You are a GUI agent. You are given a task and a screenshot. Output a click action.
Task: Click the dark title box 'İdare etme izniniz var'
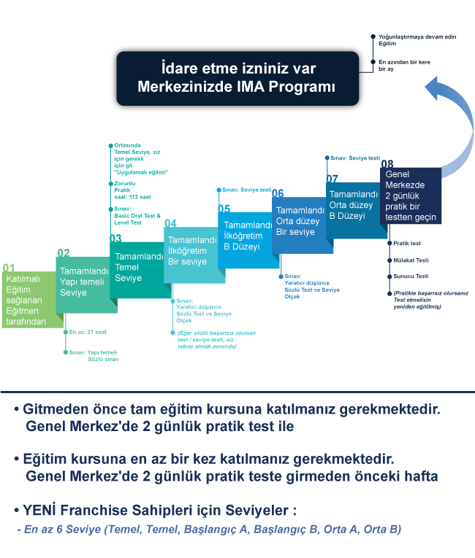click(x=237, y=78)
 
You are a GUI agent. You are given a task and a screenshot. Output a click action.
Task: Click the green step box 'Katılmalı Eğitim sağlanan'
click(x=29, y=300)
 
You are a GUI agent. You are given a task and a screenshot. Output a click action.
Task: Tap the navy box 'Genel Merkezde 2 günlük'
click(x=411, y=195)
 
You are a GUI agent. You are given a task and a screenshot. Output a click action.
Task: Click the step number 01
click(x=9, y=268)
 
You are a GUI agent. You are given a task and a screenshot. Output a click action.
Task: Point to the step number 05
click(x=224, y=209)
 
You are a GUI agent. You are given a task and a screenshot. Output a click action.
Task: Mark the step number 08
click(x=387, y=163)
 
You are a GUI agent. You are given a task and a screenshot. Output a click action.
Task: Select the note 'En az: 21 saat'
click(x=88, y=332)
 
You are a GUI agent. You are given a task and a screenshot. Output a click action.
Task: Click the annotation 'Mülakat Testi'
click(x=411, y=260)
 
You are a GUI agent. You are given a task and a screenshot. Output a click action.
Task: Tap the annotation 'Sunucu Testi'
click(x=411, y=276)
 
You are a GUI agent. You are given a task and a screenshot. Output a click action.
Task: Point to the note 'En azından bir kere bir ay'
click(x=404, y=66)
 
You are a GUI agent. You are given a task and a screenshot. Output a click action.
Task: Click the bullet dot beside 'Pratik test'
click(x=389, y=243)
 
